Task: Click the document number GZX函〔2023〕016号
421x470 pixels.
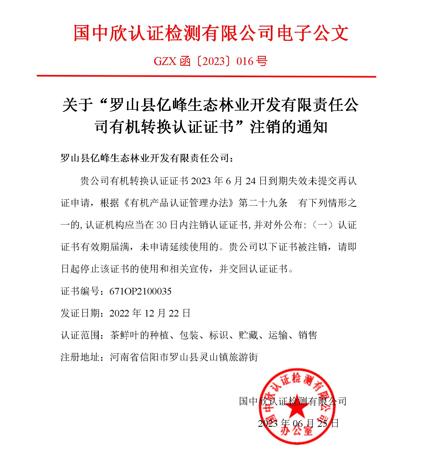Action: tap(210, 62)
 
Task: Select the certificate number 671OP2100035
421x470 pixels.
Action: tap(140, 292)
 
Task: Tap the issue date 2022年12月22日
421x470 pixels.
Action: tap(150, 313)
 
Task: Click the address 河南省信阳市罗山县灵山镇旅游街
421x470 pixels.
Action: tap(184, 357)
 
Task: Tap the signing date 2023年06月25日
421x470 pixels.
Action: tap(298, 423)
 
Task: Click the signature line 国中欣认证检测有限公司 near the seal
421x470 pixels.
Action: tap(293, 401)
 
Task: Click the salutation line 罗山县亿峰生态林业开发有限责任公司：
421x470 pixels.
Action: tap(147, 159)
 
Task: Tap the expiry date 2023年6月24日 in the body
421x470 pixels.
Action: tap(225, 181)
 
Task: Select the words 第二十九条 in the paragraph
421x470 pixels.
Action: tap(263, 203)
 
